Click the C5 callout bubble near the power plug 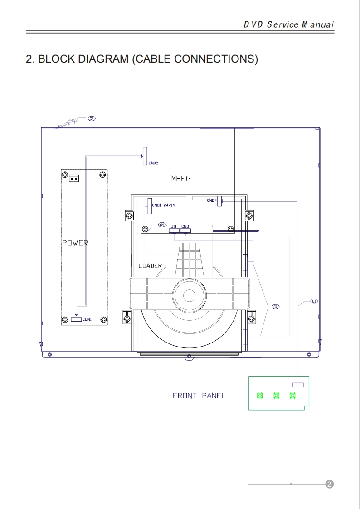[92, 119]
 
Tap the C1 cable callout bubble [314, 301]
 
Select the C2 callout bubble [275, 307]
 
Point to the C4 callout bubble [162, 225]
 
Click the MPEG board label [181, 178]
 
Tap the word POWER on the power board [75, 243]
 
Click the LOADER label [150, 265]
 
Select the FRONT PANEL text [199, 396]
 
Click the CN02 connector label [153, 163]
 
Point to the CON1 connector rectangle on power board [76, 319]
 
